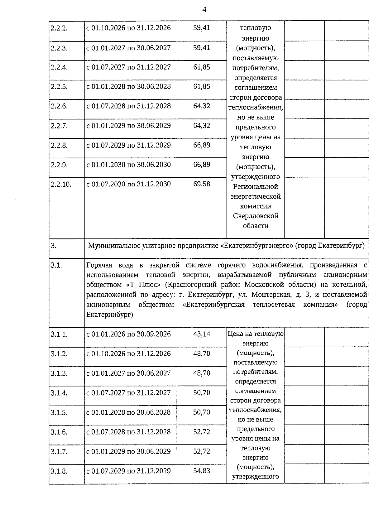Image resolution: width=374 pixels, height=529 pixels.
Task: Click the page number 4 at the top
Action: click(x=204, y=10)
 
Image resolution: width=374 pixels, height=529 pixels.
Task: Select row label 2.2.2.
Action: click(x=59, y=28)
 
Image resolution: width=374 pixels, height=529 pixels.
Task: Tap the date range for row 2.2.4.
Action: click(x=128, y=67)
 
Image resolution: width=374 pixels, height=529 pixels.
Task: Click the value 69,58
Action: click(x=202, y=184)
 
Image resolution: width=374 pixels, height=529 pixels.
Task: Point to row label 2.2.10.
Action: click(x=61, y=185)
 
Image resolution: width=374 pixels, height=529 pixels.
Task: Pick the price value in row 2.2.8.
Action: click(x=202, y=145)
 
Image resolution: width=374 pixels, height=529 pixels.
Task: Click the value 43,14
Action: click(x=202, y=334)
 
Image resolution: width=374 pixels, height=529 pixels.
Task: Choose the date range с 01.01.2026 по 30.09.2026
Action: click(x=128, y=334)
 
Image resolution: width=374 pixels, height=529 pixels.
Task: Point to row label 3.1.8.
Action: click(x=59, y=471)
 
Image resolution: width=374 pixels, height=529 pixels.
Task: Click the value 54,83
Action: click(x=202, y=471)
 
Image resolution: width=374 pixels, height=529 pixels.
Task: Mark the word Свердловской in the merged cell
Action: click(x=255, y=216)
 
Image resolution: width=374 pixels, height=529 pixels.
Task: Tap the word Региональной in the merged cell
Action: click(x=255, y=187)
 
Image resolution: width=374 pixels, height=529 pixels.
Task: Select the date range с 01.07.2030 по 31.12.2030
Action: click(x=128, y=184)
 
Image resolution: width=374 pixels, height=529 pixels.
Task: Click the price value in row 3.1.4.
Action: click(x=202, y=393)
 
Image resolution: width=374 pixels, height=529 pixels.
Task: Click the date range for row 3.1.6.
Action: click(x=128, y=432)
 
